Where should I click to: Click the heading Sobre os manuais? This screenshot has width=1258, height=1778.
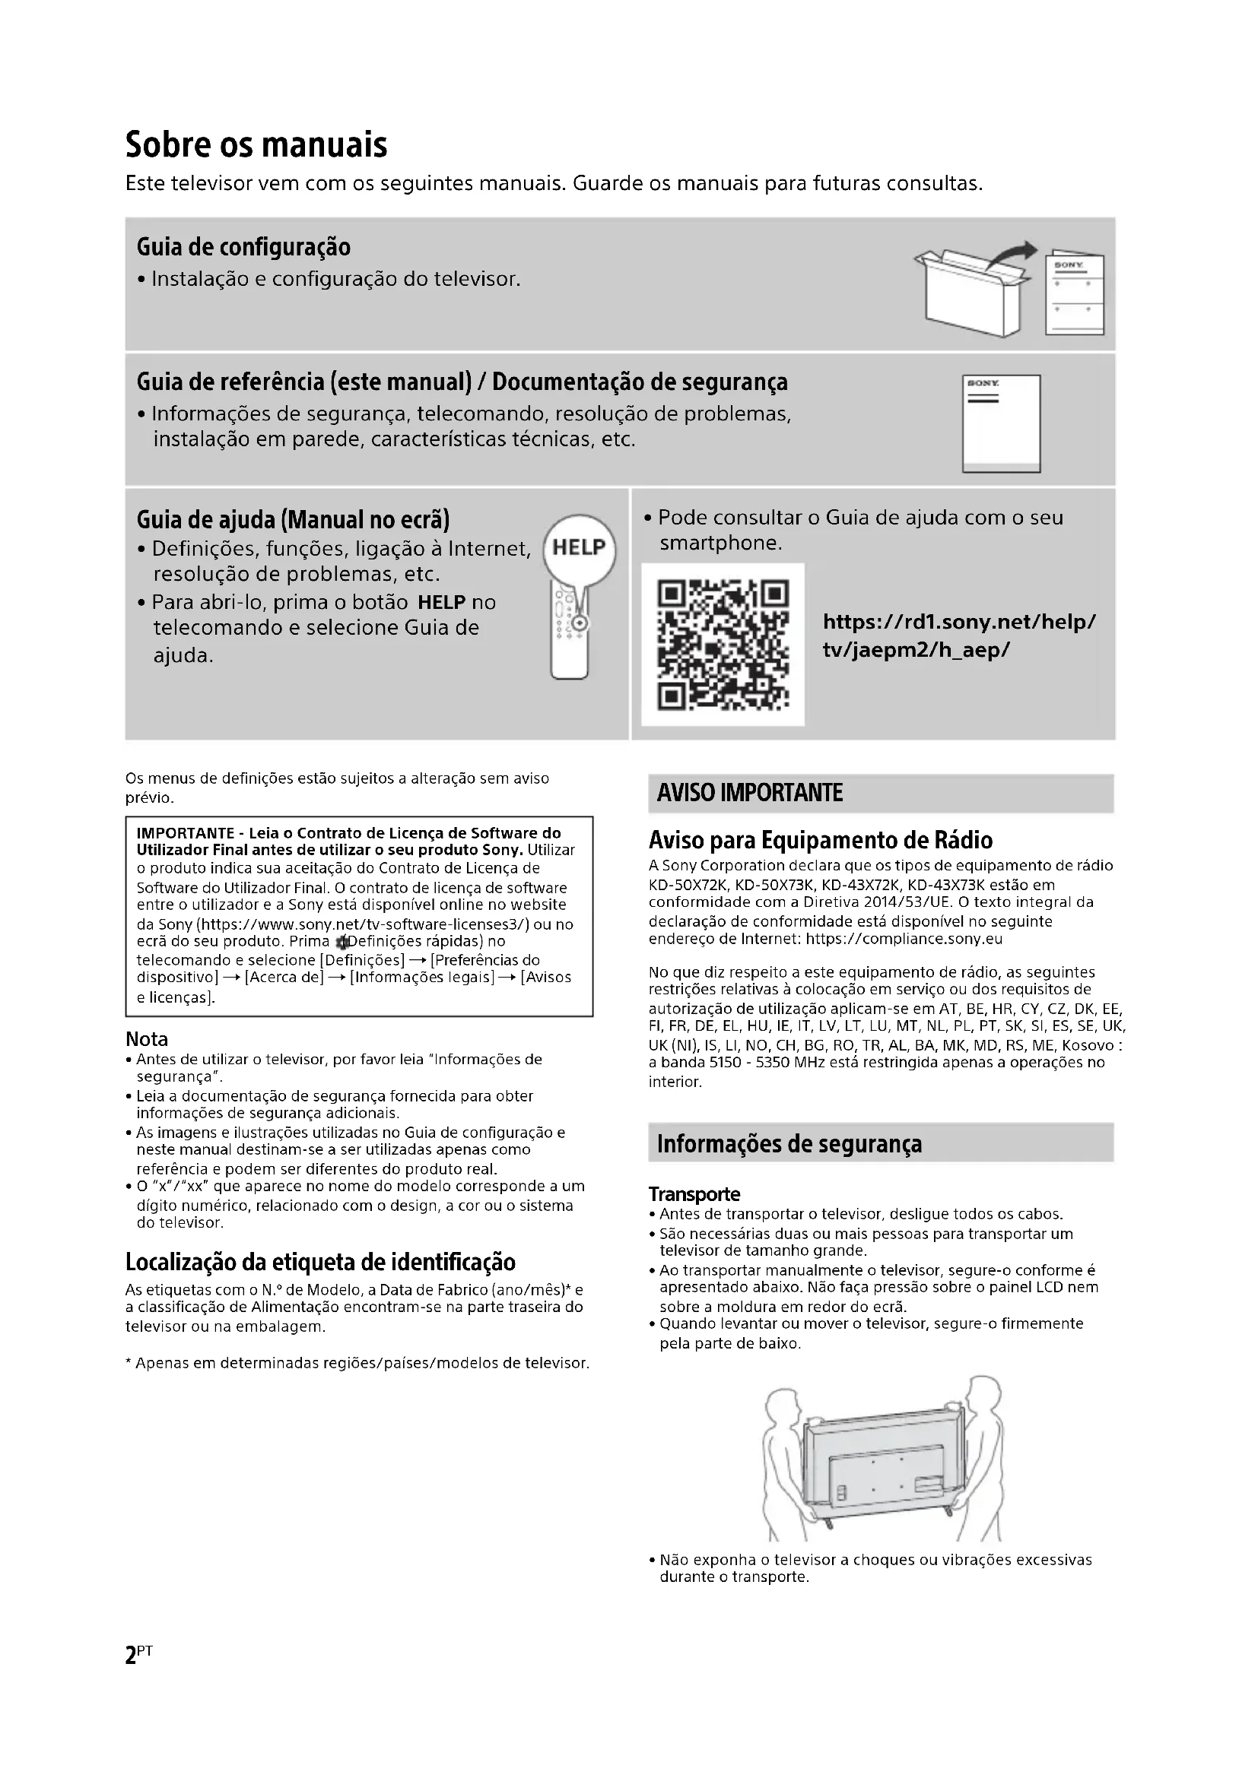point(256,145)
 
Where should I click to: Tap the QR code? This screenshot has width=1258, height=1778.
point(723,645)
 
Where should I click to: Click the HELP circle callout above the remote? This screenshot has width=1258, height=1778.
point(580,548)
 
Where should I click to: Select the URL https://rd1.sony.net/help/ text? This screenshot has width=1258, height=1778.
point(959,622)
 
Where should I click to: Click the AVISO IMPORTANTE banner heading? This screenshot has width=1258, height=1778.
point(750,793)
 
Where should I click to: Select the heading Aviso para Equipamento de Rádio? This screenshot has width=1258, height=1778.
point(821,840)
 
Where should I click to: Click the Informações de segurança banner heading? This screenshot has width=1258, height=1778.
point(789,1144)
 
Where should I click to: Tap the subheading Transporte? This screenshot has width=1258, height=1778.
point(694,1194)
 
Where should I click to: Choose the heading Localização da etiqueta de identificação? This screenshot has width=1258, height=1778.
point(320,1263)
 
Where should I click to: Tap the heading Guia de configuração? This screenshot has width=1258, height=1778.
point(243,247)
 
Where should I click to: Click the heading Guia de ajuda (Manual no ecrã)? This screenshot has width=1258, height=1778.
point(293,519)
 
